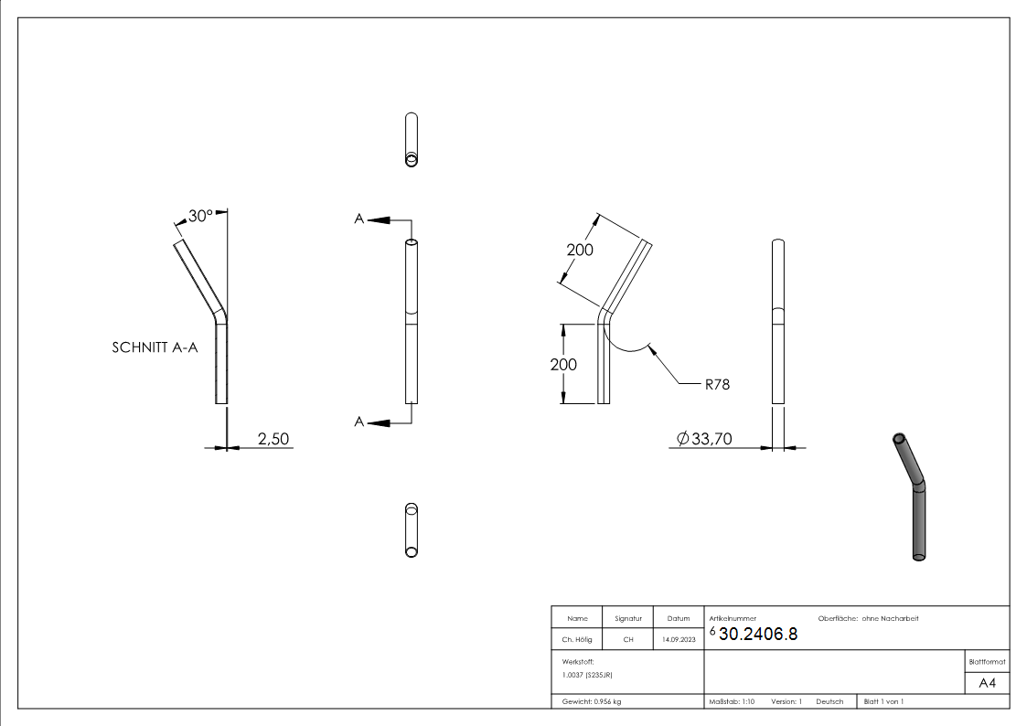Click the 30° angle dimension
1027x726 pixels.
point(199,216)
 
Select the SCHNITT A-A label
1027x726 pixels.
point(155,348)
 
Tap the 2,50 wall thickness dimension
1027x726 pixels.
point(273,439)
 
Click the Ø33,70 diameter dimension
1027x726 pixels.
point(704,440)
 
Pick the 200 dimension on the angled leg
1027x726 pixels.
point(579,250)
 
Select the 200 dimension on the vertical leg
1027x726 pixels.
point(564,364)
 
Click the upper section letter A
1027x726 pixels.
point(359,219)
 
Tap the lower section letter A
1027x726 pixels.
point(359,422)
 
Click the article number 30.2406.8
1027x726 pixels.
point(758,635)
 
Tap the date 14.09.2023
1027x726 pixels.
point(679,639)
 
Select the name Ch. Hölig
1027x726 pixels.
point(577,639)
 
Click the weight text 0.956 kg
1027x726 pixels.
point(590,701)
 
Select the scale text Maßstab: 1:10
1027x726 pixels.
point(732,701)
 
